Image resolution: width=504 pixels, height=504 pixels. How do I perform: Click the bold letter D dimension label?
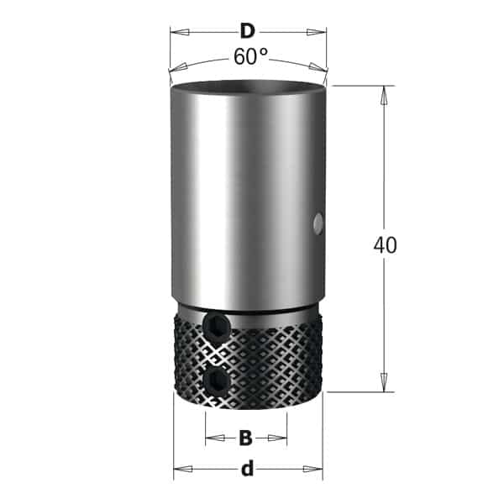pyautogui.click(x=248, y=32)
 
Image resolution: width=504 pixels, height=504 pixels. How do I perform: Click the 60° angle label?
pyautogui.click(x=250, y=56)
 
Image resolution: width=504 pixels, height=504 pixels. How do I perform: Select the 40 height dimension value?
pyautogui.click(x=385, y=245)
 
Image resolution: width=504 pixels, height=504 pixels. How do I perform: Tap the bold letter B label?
pyautogui.click(x=246, y=438)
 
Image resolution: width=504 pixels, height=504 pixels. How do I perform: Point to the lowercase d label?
pyautogui.click(x=248, y=469)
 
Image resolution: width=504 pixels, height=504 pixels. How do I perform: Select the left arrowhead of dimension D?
pyautogui.click(x=180, y=32)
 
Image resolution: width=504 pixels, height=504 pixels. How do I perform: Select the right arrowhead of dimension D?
pyautogui.click(x=317, y=32)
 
